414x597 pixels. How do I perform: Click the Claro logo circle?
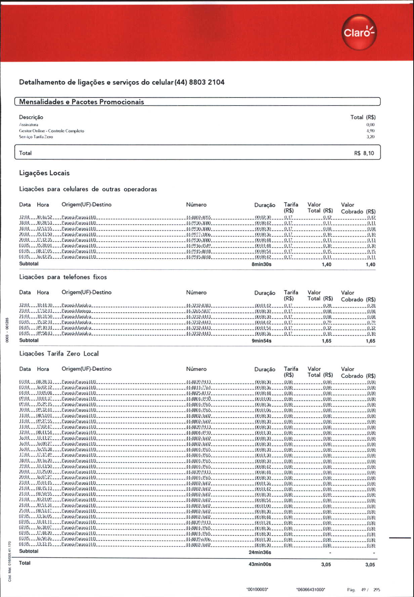tap(359, 32)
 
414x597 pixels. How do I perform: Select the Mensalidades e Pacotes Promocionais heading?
tap(81, 102)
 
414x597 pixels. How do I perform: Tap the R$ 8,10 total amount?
tap(364, 153)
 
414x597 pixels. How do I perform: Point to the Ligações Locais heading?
tap(44, 173)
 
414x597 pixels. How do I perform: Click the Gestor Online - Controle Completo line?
tap(51, 131)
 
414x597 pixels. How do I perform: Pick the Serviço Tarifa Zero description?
tap(36, 137)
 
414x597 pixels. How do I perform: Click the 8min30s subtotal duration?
tap(261, 265)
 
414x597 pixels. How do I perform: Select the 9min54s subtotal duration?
tap(261, 341)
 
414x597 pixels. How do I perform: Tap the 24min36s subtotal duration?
tap(260, 552)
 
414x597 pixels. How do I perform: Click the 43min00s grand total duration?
tap(260, 564)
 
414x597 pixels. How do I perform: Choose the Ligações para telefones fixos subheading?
tap(63, 277)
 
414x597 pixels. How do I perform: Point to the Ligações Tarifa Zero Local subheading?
tap(59, 354)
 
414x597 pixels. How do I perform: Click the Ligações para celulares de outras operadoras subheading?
tap(88, 189)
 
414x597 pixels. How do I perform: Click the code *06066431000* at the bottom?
tap(310, 590)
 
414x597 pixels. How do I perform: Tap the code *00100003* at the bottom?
tap(257, 590)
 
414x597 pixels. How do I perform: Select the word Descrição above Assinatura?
tap(31, 117)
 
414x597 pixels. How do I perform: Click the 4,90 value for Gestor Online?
tap(370, 131)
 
